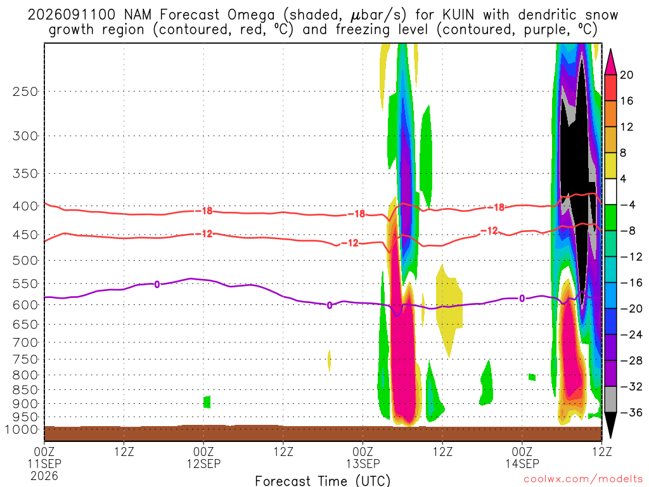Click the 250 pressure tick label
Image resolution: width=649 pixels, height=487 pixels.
[25, 91]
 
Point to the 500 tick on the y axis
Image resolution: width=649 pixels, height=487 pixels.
[25, 261]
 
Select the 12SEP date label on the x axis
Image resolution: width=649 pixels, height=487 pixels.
[203, 464]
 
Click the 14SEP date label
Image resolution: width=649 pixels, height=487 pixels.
[522, 464]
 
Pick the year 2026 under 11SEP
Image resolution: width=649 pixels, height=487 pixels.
[44, 476]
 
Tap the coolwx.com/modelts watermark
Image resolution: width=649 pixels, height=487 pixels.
[583, 479]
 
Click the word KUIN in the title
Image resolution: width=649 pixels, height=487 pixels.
[458, 15]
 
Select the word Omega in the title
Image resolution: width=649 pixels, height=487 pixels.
[251, 15]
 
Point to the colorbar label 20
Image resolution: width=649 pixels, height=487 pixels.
[627, 75]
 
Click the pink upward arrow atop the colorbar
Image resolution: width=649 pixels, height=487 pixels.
[610, 62]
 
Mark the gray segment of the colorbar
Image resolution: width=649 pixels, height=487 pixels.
[610, 399]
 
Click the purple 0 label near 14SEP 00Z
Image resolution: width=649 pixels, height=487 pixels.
[522, 299]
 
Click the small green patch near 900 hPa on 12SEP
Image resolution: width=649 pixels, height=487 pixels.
[207, 402]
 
